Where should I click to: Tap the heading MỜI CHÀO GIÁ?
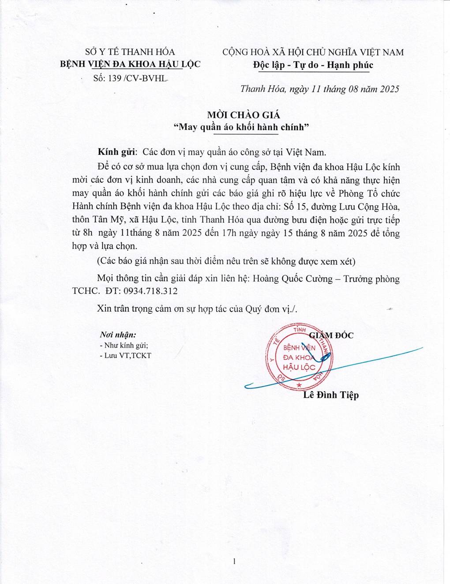tap(244, 115)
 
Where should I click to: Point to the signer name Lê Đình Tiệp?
tap(331, 395)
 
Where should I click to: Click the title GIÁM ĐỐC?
tap(333, 335)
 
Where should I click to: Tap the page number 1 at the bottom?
tap(234, 561)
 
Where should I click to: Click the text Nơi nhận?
tap(118, 335)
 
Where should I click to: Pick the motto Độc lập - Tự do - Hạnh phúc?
tap(313, 65)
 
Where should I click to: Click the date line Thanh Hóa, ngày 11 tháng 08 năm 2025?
tap(319, 89)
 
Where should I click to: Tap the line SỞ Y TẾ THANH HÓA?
tap(130, 52)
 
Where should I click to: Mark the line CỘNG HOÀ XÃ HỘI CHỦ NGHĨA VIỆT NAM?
tap(313, 52)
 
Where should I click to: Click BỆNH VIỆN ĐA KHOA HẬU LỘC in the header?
tap(130, 64)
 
